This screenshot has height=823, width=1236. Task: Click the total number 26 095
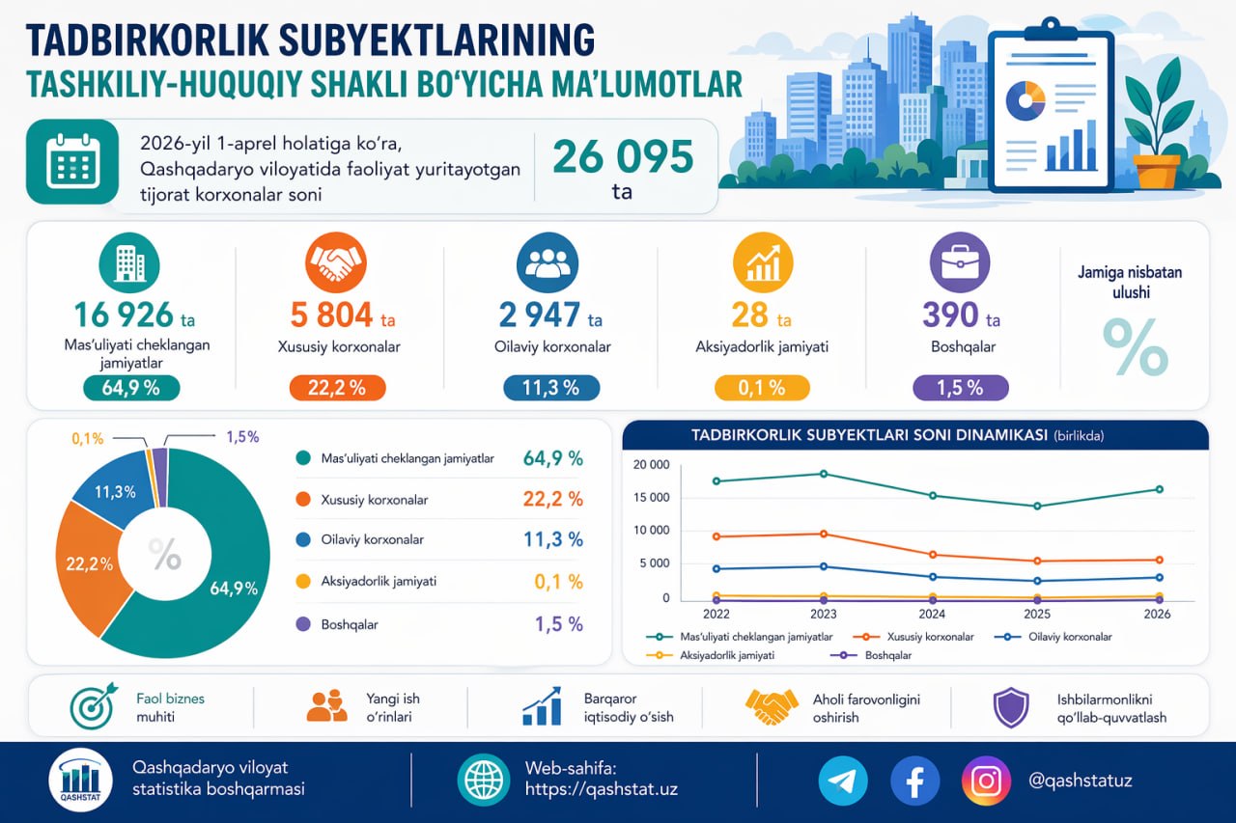[x=622, y=156]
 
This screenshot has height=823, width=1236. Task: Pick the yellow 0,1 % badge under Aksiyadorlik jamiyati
[x=762, y=388]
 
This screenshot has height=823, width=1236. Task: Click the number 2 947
[x=539, y=315]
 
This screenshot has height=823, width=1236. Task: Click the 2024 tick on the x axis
[x=932, y=614]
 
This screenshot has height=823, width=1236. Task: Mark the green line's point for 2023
[x=824, y=474]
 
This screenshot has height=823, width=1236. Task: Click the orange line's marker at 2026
[x=1159, y=560]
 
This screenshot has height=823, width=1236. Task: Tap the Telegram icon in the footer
[x=843, y=781]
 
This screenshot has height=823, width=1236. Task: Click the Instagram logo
[x=986, y=781]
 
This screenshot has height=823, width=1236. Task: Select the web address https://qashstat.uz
[x=601, y=789]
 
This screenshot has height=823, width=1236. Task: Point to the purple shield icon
[x=1009, y=707]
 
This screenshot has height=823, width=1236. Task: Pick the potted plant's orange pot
[x=1157, y=171]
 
